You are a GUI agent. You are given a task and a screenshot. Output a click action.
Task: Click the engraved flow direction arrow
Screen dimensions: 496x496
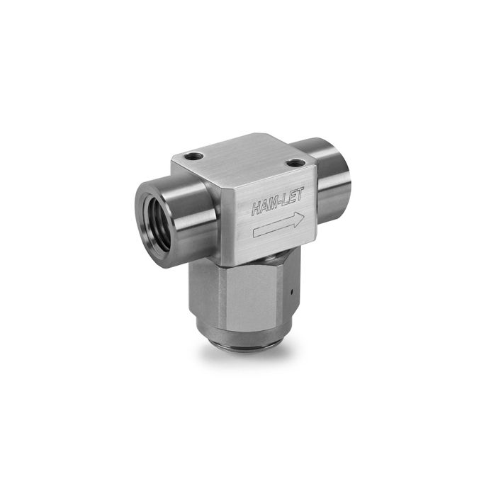point(279,225)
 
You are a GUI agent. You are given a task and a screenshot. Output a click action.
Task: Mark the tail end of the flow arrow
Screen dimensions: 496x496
point(254,233)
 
